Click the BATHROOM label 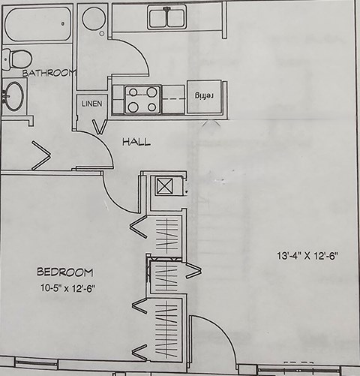pyautogui.click(x=49, y=73)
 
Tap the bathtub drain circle pyautogui.click(x=63, y=24)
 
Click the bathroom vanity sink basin pyautogui.click(x=14, y=96)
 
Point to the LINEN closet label pyautogui.click(x=92, y=104)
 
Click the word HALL pyautogui.click(x=136, y=142)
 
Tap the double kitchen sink pyautogui.click(x=167, y=17)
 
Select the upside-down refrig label pyautogui.click(x=204, y=96)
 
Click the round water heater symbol pyautogui.click(x=94, y=19)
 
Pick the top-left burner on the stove pyautogui.click(x=133, y=92)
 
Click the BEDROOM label pyautogui.click(x=65, y=272)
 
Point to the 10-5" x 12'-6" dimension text pyautogui.click(x=68, y=288)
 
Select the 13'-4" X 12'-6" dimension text pyautogui.click(x=307, y=256)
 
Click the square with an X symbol pyautogui.click(x=164, y=186)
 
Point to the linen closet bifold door pyautogui.click(x=100, y=127)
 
